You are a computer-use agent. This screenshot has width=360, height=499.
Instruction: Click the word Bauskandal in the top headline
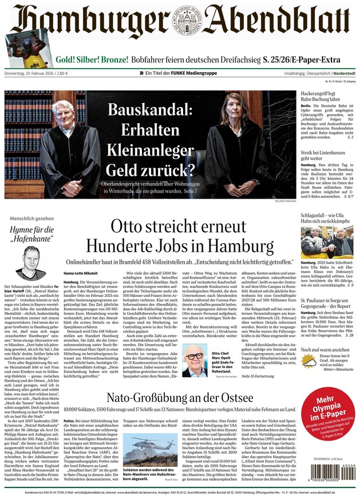point(151,110)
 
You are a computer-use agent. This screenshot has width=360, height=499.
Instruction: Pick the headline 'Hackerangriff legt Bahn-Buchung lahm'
point(325,96)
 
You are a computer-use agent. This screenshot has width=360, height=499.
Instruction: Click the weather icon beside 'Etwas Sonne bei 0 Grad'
point(308,361)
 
